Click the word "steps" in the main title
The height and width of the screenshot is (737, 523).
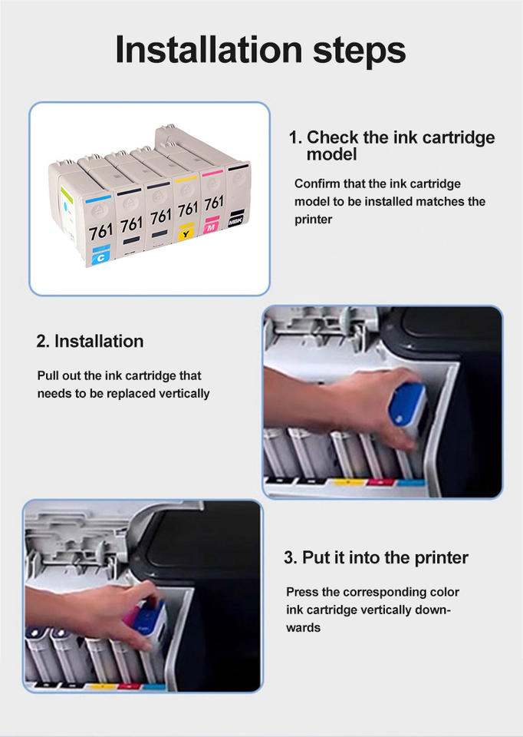coord(359,50)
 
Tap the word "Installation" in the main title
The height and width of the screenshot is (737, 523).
coord(209,49)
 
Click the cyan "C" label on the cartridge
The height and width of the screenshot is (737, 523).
coord(101,257)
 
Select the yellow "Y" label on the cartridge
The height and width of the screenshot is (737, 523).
coord(186,233)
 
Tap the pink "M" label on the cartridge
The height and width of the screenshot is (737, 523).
coord(211,227)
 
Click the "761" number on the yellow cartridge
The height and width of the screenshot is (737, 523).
coord(188,209)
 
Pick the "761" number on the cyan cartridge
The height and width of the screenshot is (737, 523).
coord(101,231)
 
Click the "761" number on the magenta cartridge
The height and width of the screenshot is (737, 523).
coord(214,203)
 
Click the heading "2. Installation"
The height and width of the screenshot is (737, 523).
coord(90,341)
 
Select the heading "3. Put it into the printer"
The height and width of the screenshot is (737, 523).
coord(376,557)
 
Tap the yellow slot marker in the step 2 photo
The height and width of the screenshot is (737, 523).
coord(349,482)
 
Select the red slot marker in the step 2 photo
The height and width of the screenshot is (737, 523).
coord(381,482)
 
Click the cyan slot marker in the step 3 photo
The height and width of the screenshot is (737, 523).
coord(153,686)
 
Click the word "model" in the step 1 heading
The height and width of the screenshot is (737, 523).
coord(332,154)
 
